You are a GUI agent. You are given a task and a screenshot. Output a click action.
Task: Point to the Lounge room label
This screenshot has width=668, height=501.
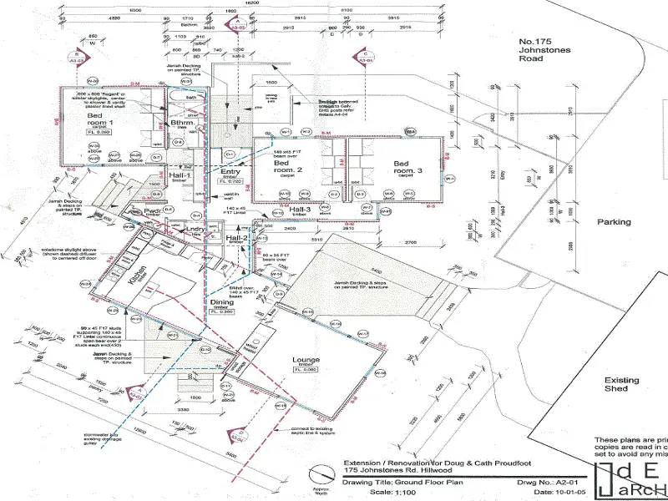(x=306, y=361)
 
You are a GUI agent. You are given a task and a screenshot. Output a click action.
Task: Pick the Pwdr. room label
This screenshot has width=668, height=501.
(x=151, y=212)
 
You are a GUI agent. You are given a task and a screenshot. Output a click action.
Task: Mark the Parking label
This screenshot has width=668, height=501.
(x=613, y=222)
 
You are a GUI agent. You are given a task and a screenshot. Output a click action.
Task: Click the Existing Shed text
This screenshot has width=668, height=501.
(x=621, y=385)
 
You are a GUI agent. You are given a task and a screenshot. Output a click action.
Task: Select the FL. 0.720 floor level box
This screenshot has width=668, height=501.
(x=230, y=180)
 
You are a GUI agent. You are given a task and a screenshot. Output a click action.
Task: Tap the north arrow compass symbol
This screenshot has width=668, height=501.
(x=319, y=478)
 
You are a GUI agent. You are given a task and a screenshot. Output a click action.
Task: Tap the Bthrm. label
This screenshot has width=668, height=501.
(x=181, y=124)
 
